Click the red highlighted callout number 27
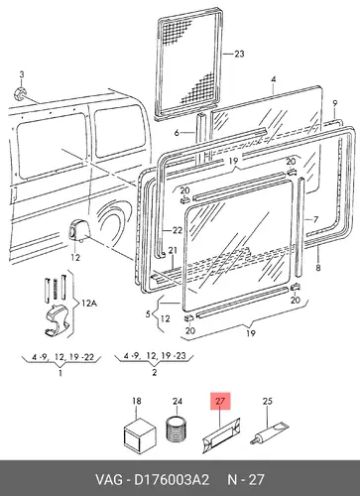coord(220,401)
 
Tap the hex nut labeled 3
coord(20,93)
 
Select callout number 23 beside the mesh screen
coord(239,54)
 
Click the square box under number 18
coord(140,434)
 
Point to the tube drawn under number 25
coord(269,433)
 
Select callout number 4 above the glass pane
coord(274,79)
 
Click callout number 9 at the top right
coord(335,103)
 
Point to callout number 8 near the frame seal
coord(318,267)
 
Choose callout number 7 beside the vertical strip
coord(315,219)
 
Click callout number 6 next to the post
coord(177,133)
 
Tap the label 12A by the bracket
coord(88,303)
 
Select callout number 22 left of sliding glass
coord(178,230)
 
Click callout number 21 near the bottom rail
coord(173,251)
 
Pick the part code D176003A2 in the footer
coord(172,479)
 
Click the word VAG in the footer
coord(109,479)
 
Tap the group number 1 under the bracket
coord(60,373)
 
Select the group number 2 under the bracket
coord(155,373)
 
